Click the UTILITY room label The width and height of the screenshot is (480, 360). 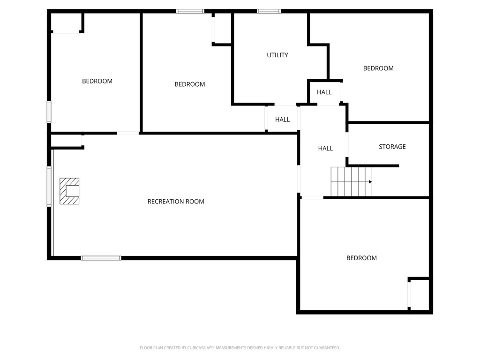277,55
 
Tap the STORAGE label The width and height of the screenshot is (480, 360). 392,147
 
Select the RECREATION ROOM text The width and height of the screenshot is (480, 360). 176,202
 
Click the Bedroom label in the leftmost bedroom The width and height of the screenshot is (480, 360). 97,81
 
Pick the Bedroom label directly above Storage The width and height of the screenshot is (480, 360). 378,68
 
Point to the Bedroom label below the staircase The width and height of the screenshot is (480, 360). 361,258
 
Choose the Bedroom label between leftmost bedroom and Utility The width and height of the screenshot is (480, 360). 190,84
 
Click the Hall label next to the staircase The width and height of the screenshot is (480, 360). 325,148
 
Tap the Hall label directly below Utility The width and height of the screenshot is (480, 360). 282,120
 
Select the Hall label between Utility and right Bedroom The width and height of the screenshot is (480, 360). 324,92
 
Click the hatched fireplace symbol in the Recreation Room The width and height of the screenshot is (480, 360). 69,191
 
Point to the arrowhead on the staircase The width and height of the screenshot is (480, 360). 370,182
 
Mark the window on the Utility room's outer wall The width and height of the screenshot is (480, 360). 269,11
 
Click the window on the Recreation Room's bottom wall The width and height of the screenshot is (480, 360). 101,258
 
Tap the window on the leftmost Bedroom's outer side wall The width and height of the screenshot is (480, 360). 49,112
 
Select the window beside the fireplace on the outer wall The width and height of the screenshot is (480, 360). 49,186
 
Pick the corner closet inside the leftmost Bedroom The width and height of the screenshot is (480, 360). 67,22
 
